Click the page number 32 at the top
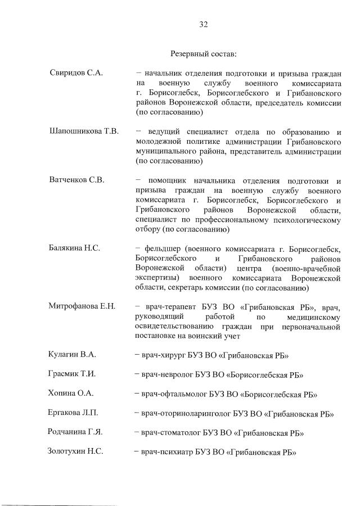(203, 24)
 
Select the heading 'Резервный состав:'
(203, 55)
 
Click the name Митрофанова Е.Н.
(82, 306)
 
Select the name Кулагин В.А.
(73, 354)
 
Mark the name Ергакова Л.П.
(74, 414)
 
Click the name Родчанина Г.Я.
(75, 433)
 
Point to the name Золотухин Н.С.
(76, 453)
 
